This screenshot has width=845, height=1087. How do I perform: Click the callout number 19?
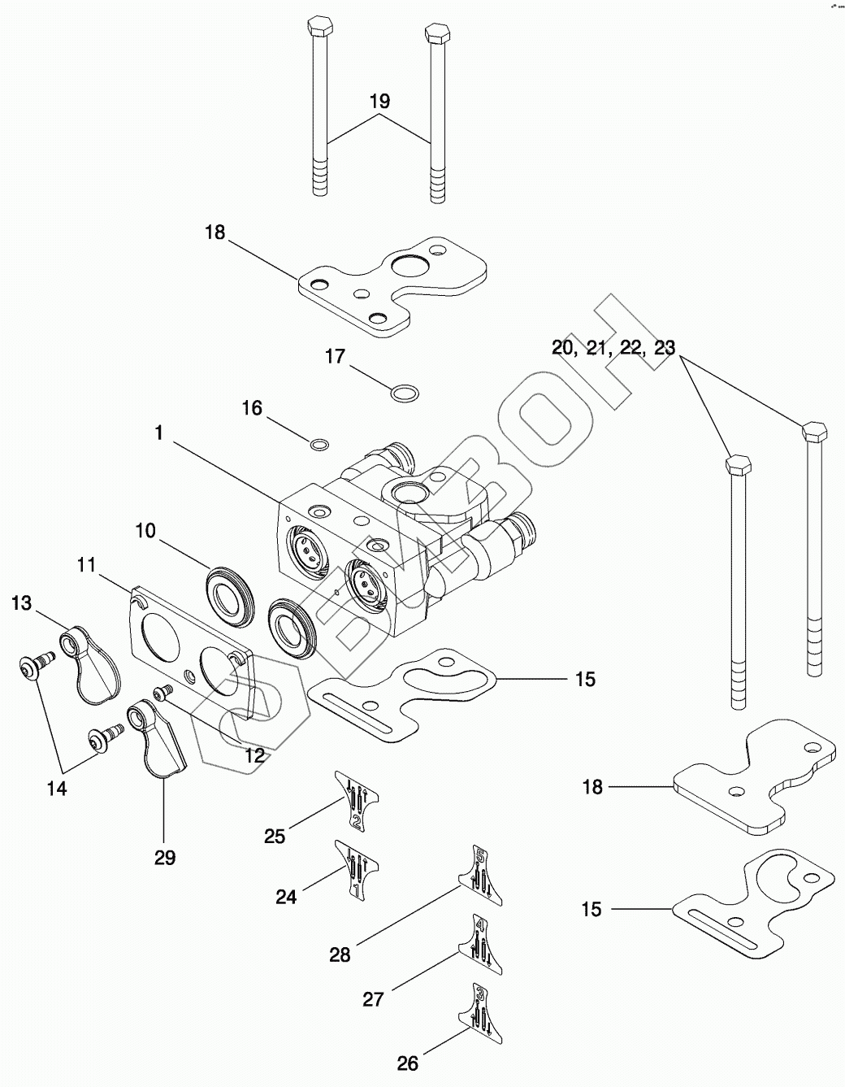[x=379, y=102]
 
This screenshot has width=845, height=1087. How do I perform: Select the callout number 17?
[x=335, y=356]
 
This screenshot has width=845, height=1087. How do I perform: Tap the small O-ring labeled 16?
[x=321, y=444]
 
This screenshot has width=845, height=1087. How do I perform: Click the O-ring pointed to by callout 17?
[x=405, y=394]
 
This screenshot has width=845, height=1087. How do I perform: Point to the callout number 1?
[x=159, y=433]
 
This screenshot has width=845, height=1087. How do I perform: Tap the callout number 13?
[x=21, y=602]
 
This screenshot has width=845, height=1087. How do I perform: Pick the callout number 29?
[x=165, y=857]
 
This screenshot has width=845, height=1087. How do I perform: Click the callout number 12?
[x=254, y=755]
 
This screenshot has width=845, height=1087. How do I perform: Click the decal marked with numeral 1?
[x=356, y=869]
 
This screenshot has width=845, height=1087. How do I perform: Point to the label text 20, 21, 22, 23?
[x=613, y=348]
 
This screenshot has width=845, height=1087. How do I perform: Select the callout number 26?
[x=407, y=1062]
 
